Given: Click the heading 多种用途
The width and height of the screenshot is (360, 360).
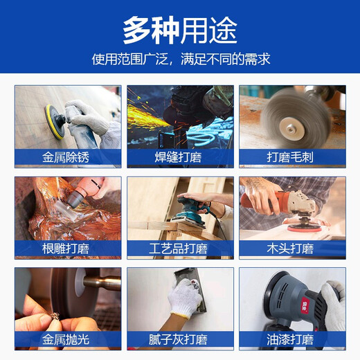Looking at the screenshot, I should pos(180,29).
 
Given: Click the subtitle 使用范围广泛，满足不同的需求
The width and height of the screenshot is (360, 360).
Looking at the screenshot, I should pos(180,60).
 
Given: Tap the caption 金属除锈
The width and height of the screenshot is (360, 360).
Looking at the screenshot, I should pos(67,157).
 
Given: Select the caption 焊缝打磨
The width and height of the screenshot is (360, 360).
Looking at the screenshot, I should pos(180,157).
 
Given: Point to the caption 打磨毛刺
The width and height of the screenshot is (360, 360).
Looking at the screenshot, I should pos(291,157).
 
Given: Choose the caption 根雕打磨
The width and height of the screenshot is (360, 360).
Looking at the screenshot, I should pos(67,249).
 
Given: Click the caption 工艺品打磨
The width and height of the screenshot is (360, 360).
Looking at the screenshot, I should pos(180,249).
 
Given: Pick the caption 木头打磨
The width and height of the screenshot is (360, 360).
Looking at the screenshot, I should pos(291,249).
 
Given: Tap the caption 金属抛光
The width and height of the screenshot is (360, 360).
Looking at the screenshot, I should pos(67,340).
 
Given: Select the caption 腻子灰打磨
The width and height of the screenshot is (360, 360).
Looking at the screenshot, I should pos(180,340).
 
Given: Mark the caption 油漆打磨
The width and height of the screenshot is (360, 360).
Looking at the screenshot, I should pos(291,340).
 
